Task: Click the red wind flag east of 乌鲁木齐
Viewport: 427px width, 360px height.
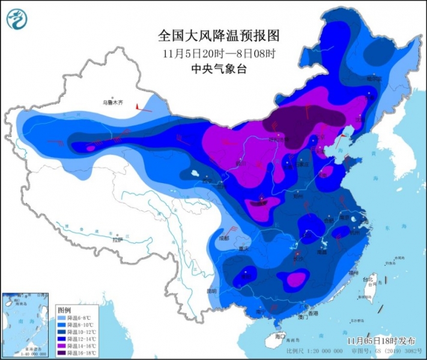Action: click(x=140, y=106)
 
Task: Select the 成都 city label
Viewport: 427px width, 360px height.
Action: click(x=224, y=238)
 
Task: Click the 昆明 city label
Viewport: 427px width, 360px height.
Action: click(x=210, y=291)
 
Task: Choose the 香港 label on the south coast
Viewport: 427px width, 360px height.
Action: click(x=313, y=314)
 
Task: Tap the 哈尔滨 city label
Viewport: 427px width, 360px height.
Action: click(x=375, y=79)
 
